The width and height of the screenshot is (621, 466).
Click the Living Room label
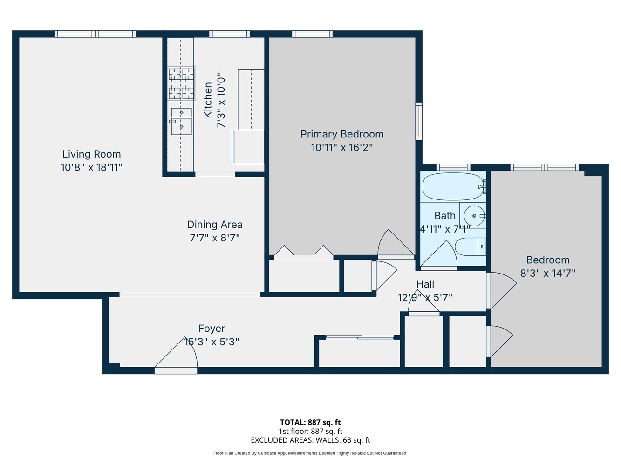tap(91, 154)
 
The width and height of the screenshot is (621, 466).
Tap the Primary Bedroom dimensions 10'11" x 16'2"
tap(342, 148)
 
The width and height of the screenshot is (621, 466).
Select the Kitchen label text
tap(208, 100)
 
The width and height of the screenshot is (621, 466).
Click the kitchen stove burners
tap(181, 83)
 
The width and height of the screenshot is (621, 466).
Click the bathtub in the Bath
tap(452, 187)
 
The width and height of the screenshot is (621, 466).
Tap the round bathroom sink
tap(474, 216)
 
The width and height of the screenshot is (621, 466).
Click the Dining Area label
tap(215, 225)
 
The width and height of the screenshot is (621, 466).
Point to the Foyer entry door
tap(176, 359)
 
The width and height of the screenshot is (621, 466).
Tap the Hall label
tap(425, 284)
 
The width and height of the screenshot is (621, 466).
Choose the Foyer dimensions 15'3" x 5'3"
tap(212, 342)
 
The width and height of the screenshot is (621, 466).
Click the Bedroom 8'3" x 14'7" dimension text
tap(548, 274)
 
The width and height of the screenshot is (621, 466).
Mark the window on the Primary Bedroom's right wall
tap(419, 121)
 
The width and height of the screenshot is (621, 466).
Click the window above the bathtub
tap(453, 167)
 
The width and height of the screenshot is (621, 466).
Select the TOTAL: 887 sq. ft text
tap(310, 423)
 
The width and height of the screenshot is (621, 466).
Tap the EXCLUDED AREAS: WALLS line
tap(310, 440)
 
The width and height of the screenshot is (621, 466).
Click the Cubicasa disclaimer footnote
tap(310, 453)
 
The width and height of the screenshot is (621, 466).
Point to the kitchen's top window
tap(229, 34)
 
